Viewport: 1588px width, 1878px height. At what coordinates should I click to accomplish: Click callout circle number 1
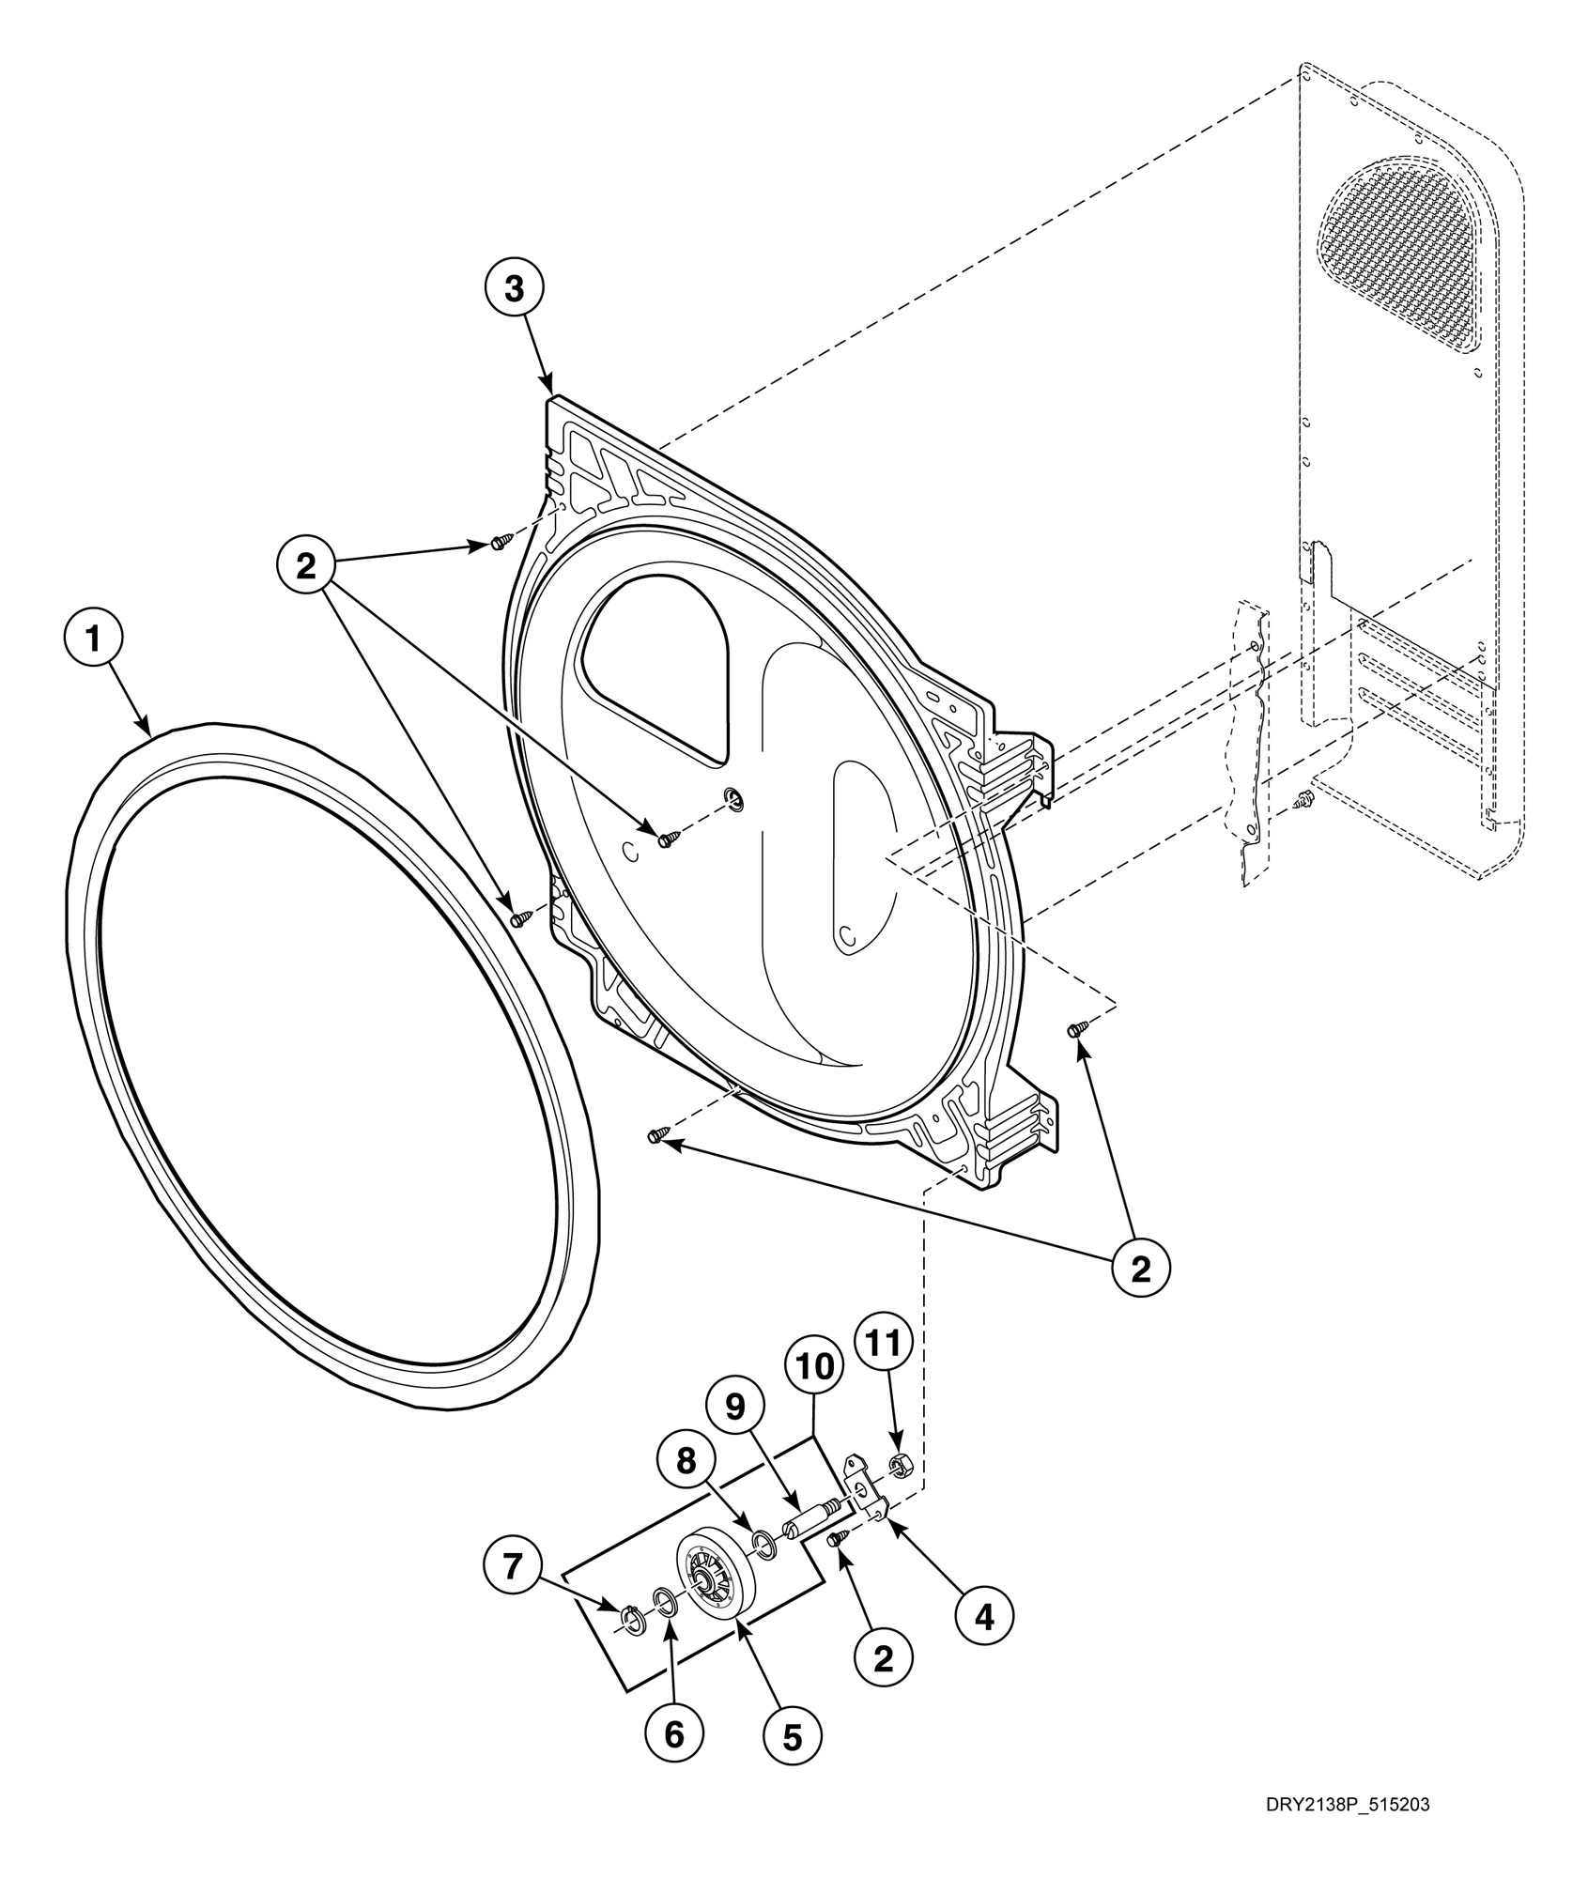click(93, 639)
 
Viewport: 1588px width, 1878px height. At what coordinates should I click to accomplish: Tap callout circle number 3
click(515, 288)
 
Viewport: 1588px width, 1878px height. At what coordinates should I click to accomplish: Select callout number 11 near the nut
click(884, 1344)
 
